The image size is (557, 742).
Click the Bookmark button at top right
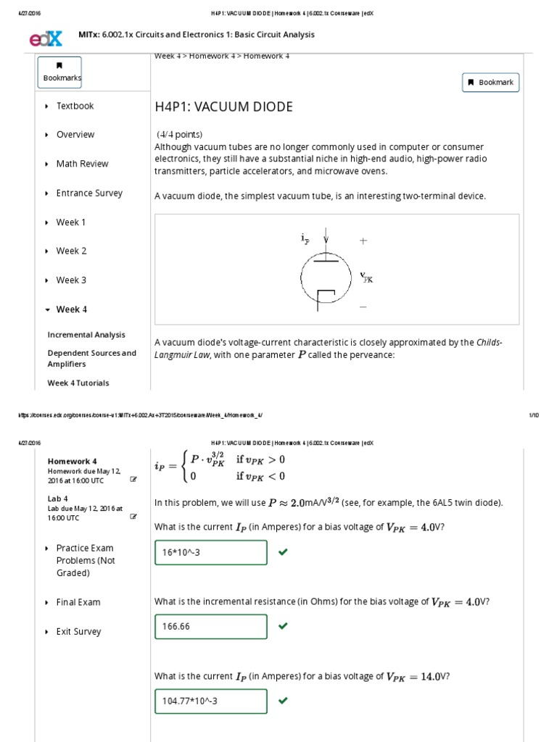(490, 83)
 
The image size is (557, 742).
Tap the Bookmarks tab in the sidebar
(62, 72)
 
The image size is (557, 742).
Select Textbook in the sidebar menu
(75, 106)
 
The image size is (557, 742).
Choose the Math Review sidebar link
(82, 164)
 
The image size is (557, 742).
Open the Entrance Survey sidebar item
(89, 193)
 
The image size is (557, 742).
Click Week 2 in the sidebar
(71, 251)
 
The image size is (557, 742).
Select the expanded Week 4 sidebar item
(71, 309)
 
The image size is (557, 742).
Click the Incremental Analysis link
(86, 335)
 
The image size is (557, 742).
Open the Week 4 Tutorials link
(78, 383)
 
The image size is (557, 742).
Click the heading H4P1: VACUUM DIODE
(224, 107)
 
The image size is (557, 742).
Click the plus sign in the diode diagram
(363, 241)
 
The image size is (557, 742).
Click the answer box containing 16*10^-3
(211, 552)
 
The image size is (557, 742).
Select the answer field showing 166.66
(211, 626)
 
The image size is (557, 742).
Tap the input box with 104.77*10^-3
(211, 701)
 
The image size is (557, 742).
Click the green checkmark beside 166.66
(283, 626)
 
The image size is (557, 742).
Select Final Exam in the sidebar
(78, 602)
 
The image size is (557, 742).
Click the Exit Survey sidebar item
(78, 632)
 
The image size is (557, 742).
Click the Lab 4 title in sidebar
(58, 499)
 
